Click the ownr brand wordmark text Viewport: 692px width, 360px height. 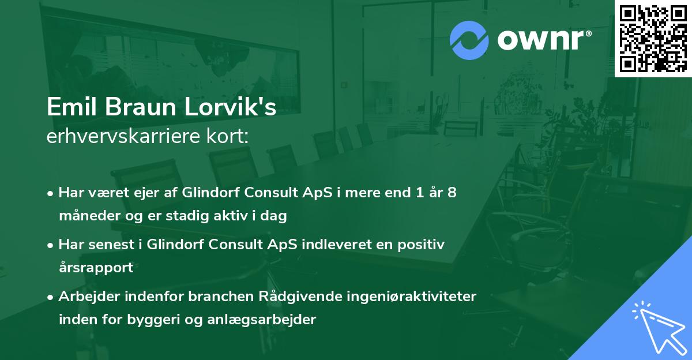point(544,40)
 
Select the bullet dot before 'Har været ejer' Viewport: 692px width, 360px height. point(51,193)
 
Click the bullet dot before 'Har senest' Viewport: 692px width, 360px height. point(51,245)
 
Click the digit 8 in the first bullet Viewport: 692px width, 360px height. point(452,192)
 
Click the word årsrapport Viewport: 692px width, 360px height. point(96,268)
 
